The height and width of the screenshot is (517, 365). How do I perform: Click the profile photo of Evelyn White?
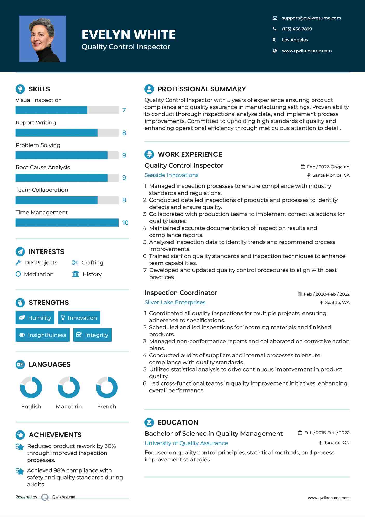pos(43,39)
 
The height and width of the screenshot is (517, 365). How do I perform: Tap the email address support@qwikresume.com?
pos(311,18)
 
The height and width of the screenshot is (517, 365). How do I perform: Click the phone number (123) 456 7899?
pos(297,29)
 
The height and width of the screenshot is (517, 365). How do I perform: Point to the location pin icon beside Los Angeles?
pos(274,40)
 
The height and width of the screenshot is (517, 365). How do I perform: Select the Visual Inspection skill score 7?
pos(124,110)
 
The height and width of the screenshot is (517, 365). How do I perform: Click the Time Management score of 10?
pos(125,223)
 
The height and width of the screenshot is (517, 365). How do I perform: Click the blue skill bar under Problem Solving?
pos(61,155)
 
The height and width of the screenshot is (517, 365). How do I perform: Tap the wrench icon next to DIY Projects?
pos(18,262)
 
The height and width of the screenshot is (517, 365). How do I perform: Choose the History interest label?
pos(92,274)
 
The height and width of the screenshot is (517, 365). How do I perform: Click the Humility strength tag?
pos(35,318)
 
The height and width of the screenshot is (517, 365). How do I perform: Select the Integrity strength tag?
pos(92,335)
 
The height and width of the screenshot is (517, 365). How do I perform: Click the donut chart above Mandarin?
pos(69,387)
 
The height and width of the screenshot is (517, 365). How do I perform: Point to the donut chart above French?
pos(107,387)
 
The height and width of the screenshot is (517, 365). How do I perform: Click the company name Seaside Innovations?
pos(171,175)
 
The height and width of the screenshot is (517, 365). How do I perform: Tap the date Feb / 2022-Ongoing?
pos(328,167)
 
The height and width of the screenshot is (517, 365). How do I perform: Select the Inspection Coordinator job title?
pos(181,293)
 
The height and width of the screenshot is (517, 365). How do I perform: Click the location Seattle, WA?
pos(337,302)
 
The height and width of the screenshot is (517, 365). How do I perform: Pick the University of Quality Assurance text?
pos(186,443)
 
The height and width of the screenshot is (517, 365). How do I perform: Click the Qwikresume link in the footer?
pos(64,497)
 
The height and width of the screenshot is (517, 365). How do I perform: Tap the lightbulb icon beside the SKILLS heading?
pos(20,89)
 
